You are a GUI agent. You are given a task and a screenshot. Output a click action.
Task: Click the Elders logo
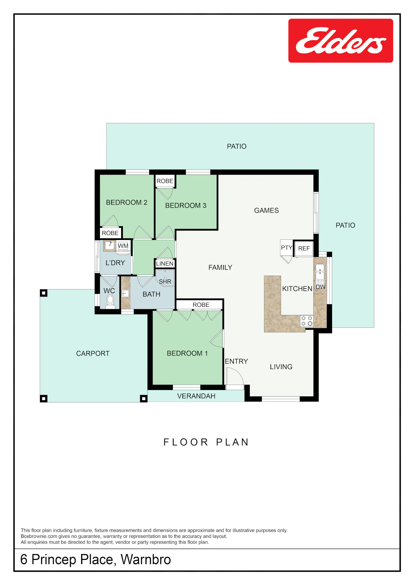(341, 41)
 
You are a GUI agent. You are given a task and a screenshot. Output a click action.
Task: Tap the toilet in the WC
(110, 301)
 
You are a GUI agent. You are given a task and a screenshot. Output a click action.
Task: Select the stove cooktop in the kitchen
(307, 321)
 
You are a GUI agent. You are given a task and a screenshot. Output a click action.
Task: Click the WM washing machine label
(123, 246)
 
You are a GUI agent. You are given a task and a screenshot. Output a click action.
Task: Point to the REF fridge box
(304, 249)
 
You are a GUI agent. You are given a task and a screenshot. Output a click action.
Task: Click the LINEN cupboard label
(165, 264)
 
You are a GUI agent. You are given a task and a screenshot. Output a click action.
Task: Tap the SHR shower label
(165, 282)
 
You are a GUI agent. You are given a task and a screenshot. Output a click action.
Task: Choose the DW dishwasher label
(320, 287)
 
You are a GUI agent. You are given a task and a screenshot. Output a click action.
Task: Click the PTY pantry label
(286, 248)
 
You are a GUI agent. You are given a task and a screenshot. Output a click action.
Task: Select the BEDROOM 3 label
(186, 205)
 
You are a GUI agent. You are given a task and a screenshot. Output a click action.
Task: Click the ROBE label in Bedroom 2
(110, 233)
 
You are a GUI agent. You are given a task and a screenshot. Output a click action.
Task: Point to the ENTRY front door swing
(235, 376)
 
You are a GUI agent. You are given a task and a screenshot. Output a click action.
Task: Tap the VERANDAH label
(196, 396)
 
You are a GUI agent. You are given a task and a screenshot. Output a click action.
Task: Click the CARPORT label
(93, 354)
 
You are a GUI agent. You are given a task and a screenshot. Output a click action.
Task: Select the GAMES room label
(266, 210)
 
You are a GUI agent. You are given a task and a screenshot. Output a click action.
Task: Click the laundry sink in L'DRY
(110, 245)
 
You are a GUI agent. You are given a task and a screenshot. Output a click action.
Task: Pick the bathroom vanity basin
(126, 293)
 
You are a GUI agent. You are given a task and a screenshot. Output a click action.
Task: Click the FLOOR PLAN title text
(206, 442)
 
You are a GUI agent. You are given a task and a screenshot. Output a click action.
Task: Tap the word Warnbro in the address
(146, 559)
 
